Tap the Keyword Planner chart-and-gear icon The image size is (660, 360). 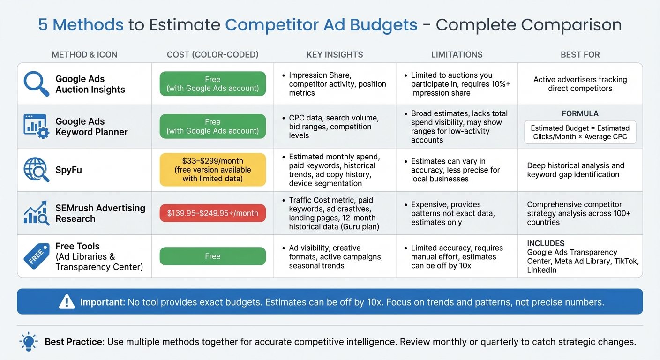36,126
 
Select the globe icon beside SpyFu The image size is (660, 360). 36,170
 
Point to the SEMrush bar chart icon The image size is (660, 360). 36,213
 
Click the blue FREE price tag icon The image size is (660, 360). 36,256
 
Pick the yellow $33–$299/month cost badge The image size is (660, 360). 212,170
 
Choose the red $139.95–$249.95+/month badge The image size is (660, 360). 212,213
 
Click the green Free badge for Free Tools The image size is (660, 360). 212,256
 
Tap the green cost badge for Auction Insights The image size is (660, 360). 212,84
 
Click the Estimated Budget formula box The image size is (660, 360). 580,132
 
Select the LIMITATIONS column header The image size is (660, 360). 457,55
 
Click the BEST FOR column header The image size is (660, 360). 580,55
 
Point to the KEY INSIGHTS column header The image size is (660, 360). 335,55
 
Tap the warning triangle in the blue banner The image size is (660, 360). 67,302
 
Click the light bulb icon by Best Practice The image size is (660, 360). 28,341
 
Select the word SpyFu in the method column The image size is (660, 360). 68,170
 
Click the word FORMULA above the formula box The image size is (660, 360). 580,113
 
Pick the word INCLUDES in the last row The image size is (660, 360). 546,243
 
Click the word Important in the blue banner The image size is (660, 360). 102,302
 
